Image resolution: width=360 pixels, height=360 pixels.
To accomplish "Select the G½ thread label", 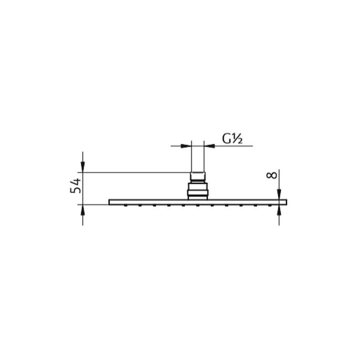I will coord(231,139).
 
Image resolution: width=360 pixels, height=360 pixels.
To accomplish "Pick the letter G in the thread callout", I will coord(226,139).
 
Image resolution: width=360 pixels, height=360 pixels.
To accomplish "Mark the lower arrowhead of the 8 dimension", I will coord(279,210).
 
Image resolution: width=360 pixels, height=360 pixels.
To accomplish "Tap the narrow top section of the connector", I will coord(198,176).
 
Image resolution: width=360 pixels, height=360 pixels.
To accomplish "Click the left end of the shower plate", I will coord(110,202).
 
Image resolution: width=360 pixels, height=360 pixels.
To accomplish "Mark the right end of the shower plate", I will coord(286,202).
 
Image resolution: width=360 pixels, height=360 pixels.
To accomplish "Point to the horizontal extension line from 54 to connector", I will coord(137,171).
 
